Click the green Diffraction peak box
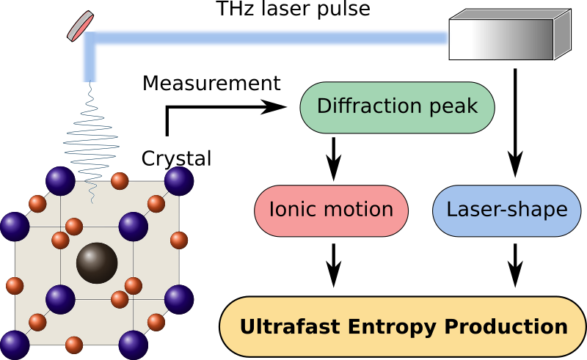(x=397, y=107)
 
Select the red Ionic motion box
(x=331, y=210)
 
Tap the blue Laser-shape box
(x=506, y=210)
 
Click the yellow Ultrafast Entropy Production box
(x=403, y=326)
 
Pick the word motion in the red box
(x=359, y=210)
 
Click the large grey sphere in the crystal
(x=97, y=262)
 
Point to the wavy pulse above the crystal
(x=91, y=139)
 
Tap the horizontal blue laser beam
(x=271, y=38)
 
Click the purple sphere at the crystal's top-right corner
(x=178, y=181)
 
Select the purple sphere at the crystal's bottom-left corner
(x=15, y=345)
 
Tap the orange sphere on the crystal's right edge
(x=179, y=240)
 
